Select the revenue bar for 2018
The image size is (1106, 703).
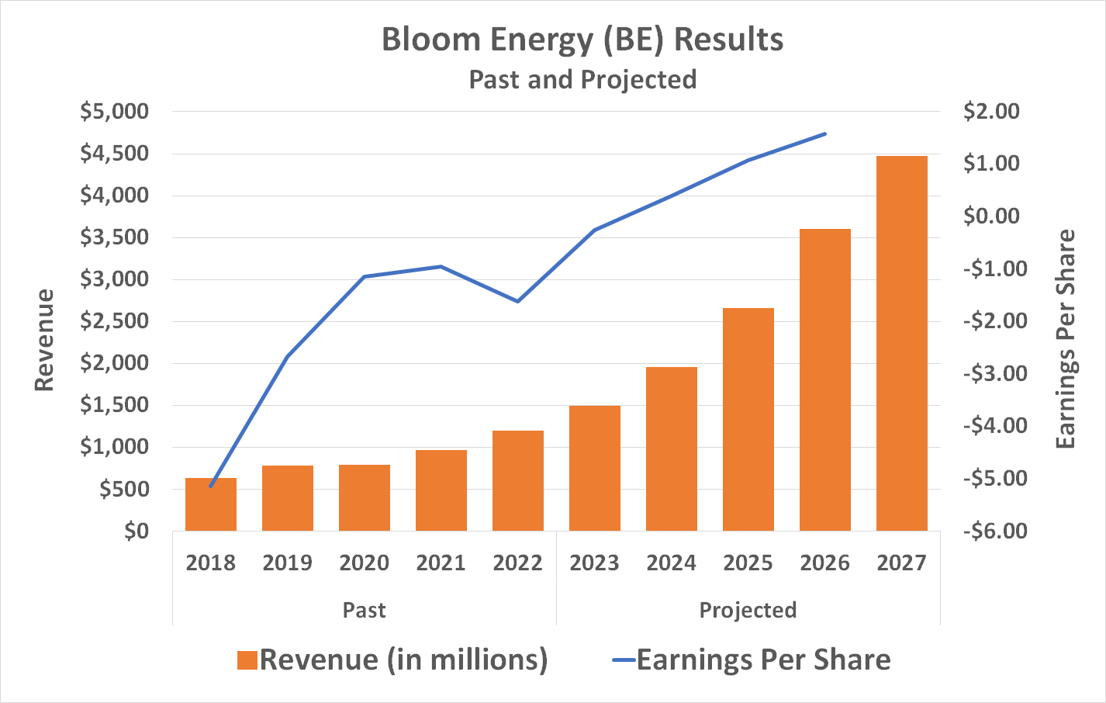(x=211, y=505)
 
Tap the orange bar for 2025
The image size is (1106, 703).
(x=748, y=420)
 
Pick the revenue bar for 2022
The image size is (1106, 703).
(x=517, y=481)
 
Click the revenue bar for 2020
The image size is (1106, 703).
(x=364, y=498)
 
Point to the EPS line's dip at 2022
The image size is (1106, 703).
(x=517, y=301)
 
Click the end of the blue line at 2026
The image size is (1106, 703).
(x=825, y=133)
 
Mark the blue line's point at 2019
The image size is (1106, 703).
(x=287, y=357)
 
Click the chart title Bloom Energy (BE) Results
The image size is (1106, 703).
(x=582, y=40)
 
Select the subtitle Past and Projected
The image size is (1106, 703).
(x=582, y=80)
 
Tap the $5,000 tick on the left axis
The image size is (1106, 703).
(x=114, y=112)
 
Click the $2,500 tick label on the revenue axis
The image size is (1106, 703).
(x=114, y=321)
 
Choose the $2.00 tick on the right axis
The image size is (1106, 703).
(x=991, y=112)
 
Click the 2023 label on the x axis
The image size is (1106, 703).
(x=594, y=563)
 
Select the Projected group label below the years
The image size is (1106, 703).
(x=748, y=610)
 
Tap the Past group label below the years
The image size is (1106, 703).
(x=364, y=610)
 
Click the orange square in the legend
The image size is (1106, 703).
(x=247, y=660)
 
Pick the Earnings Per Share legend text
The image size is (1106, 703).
(x=763, y=660)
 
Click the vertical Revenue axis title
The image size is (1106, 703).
(x=44, y=340)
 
